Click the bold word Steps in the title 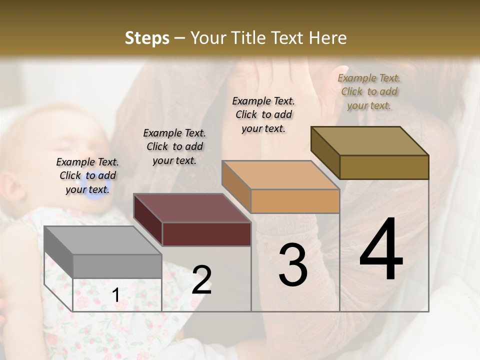click(x=147, y=38)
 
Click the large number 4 click(x=381, y=250)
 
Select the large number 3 click(x=293, y=265)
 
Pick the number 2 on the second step click(x=202, y=280)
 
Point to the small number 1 click(x=116, y=295)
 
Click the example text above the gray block click(x=87, y=175)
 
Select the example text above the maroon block click(x=174, y=146)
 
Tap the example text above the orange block click(x=263, y=114)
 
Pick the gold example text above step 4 click(x=369, y=91)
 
